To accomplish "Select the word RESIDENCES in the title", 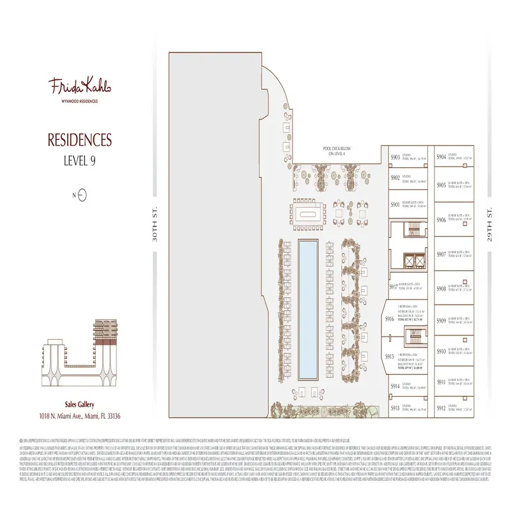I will coord(80,140).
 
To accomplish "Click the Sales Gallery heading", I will coord(80,404).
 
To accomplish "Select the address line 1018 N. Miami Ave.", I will coord(80,416).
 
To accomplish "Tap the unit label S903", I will coord(395,156).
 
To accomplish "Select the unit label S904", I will coord(441,156).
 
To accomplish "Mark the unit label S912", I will coord(441,408).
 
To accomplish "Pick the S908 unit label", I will coord(441,289).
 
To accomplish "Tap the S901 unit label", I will coord(395,205).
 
